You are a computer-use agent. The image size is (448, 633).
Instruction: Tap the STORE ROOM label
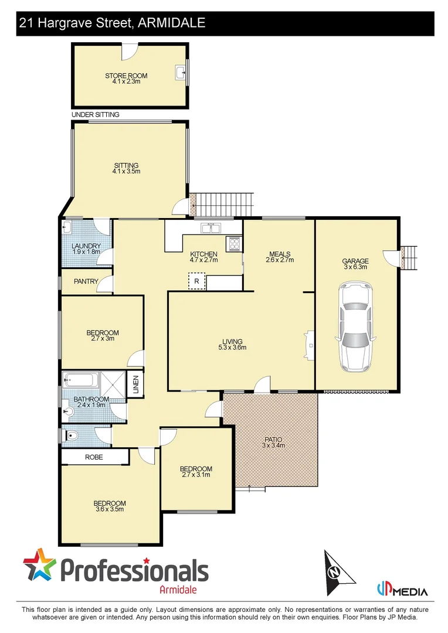pos(126,76)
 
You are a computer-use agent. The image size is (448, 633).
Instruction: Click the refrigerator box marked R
pos(196,281)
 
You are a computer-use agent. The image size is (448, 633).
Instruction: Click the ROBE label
pos(94,457)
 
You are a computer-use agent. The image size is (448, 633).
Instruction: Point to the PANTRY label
pos(86,282)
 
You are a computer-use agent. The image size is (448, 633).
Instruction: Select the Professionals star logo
pos(40,566)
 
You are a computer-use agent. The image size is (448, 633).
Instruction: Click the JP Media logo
pos(402,590)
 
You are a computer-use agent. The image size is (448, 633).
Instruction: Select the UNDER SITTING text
pos(95,115)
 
